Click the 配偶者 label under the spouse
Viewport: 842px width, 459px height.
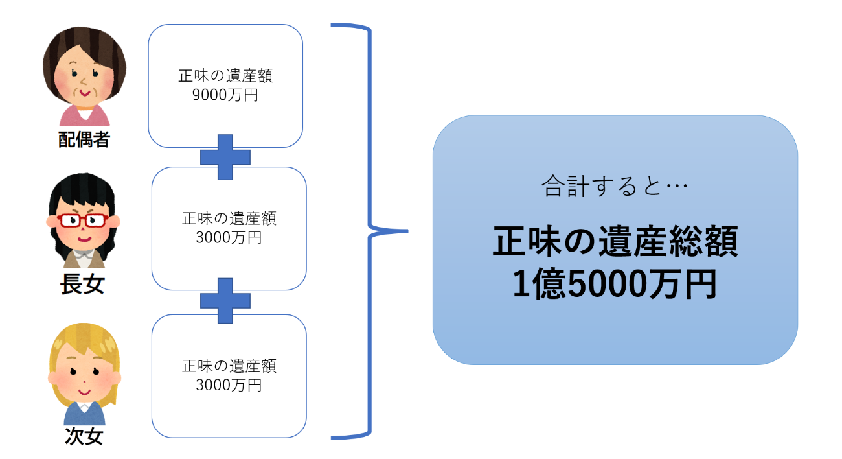click(84, 139)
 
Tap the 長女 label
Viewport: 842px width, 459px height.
click(82, 285)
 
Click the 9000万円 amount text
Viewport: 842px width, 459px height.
click(225, 95)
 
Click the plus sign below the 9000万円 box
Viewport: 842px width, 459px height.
click(225, 158)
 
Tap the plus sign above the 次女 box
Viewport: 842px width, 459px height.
click(225, 301)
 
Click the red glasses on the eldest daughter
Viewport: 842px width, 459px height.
click(83, 219)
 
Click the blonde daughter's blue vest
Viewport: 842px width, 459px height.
click(84, 415)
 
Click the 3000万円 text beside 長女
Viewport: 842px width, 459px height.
click(229, 237)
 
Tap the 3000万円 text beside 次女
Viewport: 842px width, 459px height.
click(229, 385)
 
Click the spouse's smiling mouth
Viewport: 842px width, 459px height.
click(85, 92)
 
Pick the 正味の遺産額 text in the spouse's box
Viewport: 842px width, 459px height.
click(225, 76)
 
